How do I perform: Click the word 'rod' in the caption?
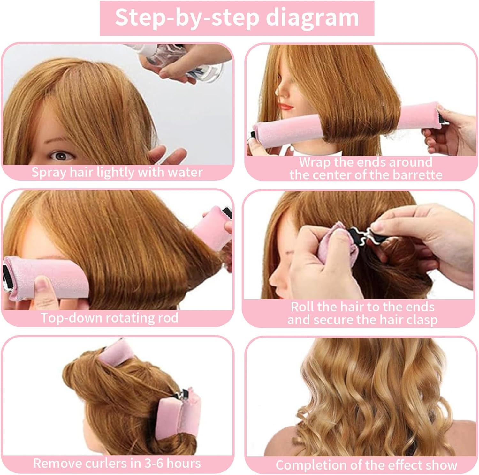[168, 318]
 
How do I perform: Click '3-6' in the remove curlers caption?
[154, 463]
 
